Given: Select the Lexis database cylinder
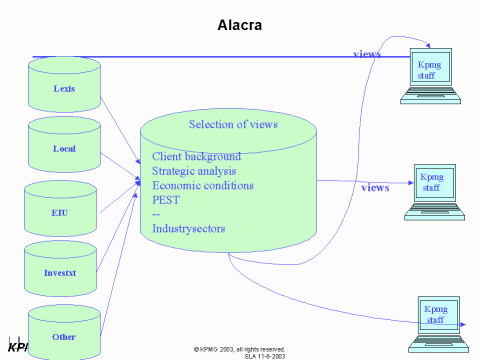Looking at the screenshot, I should click(x=65, y=85).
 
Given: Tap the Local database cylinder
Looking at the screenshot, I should click(x=65, y=147).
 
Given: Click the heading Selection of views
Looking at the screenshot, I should click(x=233, y=124).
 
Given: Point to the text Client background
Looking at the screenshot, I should click(x=196, y=158).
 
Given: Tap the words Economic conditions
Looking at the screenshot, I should click(x=202, y=186).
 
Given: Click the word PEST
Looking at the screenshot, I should click(x=166, y=200).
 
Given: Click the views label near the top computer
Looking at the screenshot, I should click(x=366, y=54).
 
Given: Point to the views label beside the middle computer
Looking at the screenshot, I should click(x=375, y=187).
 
